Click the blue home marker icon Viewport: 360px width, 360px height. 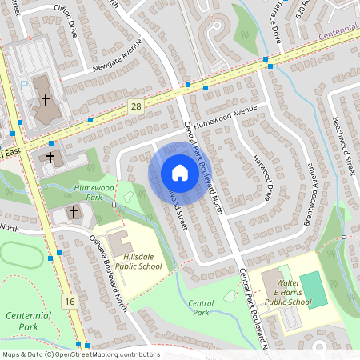[179, 172]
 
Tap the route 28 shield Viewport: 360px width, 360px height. [135, 106]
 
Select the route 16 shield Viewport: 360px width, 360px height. [70, 301]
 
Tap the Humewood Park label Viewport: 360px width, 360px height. [94, 190]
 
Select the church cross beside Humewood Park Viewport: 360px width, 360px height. [74, 212]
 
